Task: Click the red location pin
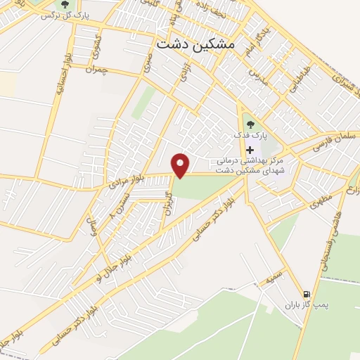[x=181, y=165]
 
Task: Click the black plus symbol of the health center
[x=250, y=150]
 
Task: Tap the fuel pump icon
[x=306, y=294]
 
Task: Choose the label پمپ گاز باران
[x=307, y=306]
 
